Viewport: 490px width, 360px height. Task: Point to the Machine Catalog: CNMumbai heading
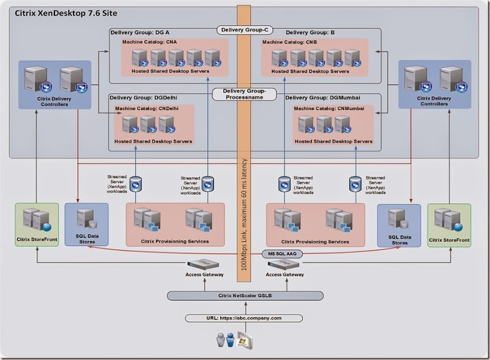(x=328, y=108)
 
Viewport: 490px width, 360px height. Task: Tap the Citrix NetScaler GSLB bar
(x=245, y=296)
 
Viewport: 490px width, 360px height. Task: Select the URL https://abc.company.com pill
(x=244, y=318)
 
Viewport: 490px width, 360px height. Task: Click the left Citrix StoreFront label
(x=37, y=240)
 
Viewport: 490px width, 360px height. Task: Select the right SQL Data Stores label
(x=399, y=240)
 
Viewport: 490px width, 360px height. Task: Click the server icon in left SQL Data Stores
(x=86, y=216)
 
